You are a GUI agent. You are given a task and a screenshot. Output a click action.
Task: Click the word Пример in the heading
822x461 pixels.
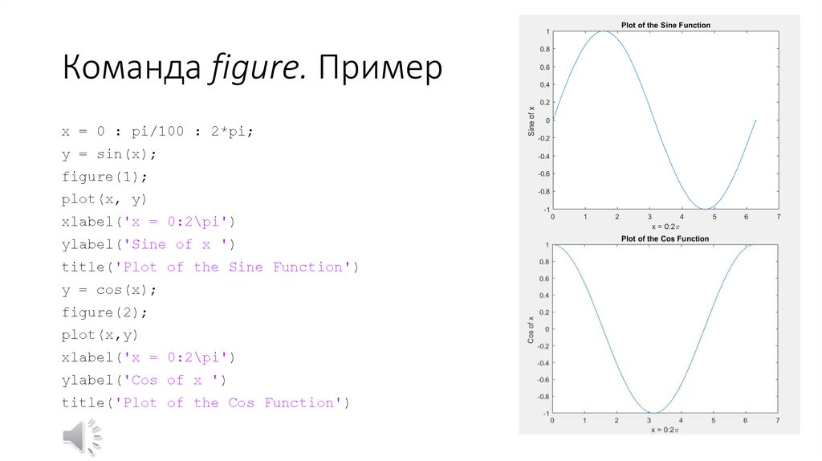[x=380, y=69]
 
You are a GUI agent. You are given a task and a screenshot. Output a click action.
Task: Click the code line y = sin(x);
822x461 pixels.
[x=109, y=153]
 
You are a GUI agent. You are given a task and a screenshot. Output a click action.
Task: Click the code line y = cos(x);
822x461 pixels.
[x=109, y=289]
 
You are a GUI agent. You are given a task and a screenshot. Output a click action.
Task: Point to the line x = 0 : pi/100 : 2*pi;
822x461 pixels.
[x=157, y=131]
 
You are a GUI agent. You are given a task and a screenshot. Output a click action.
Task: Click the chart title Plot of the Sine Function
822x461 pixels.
[x=665, y=25]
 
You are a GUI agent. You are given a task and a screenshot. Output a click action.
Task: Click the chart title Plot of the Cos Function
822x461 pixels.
[x=665, y=239]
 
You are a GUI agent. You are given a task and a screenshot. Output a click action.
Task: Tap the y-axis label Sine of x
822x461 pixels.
[x=531, y=120]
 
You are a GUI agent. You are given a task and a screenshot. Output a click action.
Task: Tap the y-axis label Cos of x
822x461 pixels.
[x=531, y=329]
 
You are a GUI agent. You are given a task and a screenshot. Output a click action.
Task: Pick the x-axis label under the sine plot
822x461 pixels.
[x=665, y=227]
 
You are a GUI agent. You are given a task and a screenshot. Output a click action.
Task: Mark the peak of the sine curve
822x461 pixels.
[x=603, y=31]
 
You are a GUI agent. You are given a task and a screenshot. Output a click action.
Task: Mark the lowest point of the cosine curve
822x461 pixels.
[x=654, y=414]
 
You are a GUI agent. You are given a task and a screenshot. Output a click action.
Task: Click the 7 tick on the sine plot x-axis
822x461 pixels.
[x=778, y=218]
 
